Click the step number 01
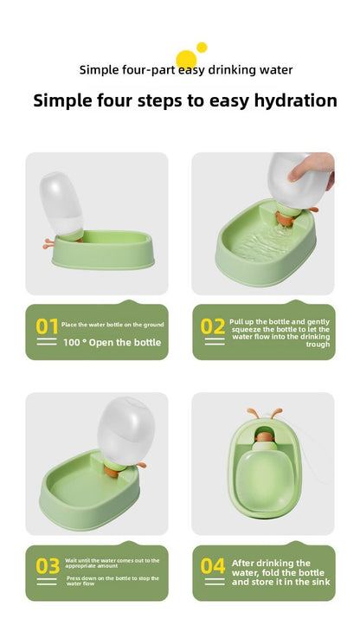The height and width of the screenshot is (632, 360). click(47, 326)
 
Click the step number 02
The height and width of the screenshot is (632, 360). click(213, 326)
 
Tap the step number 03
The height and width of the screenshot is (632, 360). click(47, 566)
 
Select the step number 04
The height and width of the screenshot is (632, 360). click(213, 566)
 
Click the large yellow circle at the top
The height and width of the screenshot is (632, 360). click(186, 59)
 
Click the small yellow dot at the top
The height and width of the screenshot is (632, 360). click(202, 47)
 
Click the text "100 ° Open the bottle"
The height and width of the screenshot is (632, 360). click(112, 342)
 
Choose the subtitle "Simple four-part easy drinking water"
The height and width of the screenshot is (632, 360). click(186, 70)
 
